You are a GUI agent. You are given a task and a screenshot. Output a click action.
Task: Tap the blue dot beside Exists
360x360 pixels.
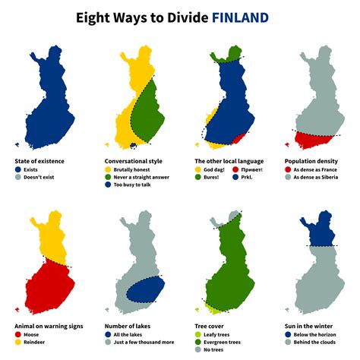[18, 169]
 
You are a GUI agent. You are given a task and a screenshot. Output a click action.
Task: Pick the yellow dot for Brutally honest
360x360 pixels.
[108, 169]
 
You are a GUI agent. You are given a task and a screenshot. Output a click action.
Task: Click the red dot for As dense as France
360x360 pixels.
[287, 169]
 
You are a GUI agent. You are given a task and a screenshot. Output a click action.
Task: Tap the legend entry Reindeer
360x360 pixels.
[36, 342]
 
